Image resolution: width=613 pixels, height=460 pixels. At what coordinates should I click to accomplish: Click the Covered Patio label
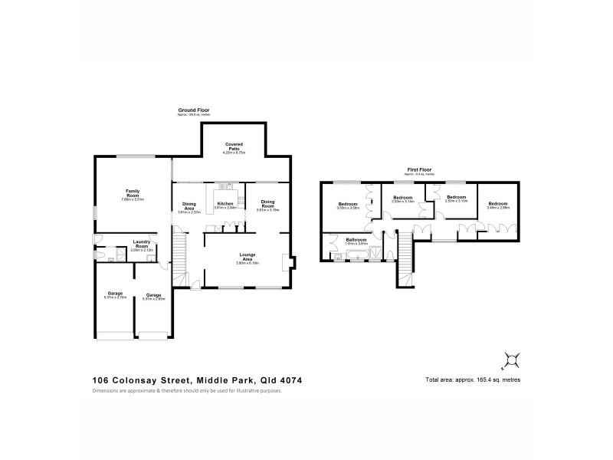pos(234,146)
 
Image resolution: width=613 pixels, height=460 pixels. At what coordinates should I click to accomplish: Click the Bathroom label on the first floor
pos(356,240)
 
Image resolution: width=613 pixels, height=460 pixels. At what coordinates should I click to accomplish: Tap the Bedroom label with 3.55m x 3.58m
pos(349,204)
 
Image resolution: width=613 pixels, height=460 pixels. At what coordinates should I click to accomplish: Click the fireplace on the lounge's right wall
pos(287,262)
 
